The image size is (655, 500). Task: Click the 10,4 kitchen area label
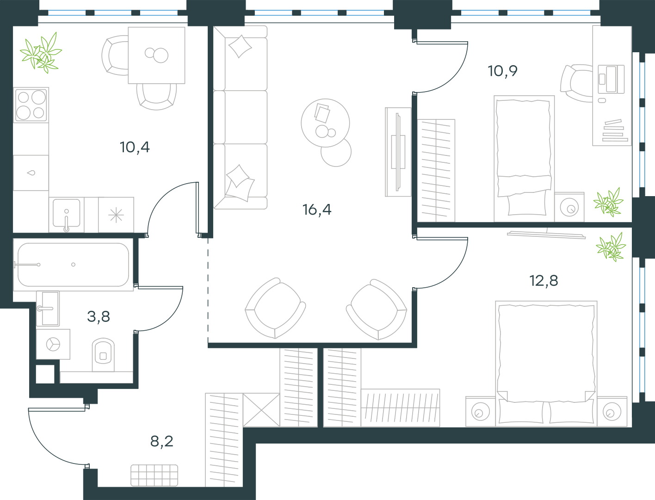(x=135, y=148)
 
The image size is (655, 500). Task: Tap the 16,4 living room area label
(x=316, y=210)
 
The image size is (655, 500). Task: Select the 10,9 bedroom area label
(x=502, y=71)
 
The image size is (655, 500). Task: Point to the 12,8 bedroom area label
(x=544, y=281)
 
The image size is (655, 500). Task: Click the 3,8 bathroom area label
(x=99, y=316)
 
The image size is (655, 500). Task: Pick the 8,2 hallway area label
(x=162, y=441)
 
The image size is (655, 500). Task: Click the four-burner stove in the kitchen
(x=31, y=105)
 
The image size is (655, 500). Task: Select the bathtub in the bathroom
(x=73, y=265)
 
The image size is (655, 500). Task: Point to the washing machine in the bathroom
(x=53, y=344)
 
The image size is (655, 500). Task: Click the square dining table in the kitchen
(x=156, y=55)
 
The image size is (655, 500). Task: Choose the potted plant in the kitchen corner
(x=41, y=53)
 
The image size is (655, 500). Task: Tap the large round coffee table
(x=325, y=123)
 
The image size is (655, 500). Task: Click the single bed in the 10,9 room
(x=524, y=158)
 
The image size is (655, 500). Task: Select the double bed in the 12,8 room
(x=546, y=364)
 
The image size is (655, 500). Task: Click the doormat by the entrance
(x=154, y=475)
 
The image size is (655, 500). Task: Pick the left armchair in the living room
(x=275, y=308)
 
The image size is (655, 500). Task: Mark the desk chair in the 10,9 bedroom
(x=576, y=83)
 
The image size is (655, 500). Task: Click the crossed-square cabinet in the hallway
(x=261, y=410)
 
